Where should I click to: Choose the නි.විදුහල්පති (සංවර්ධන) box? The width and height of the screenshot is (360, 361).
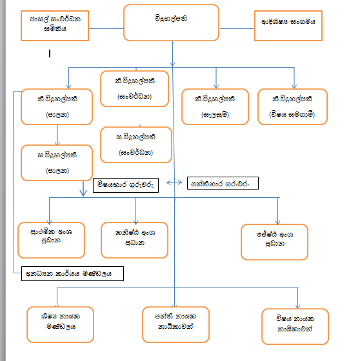[x=135, y=88]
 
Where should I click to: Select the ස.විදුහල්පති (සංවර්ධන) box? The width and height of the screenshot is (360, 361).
[x=135, y=144]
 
